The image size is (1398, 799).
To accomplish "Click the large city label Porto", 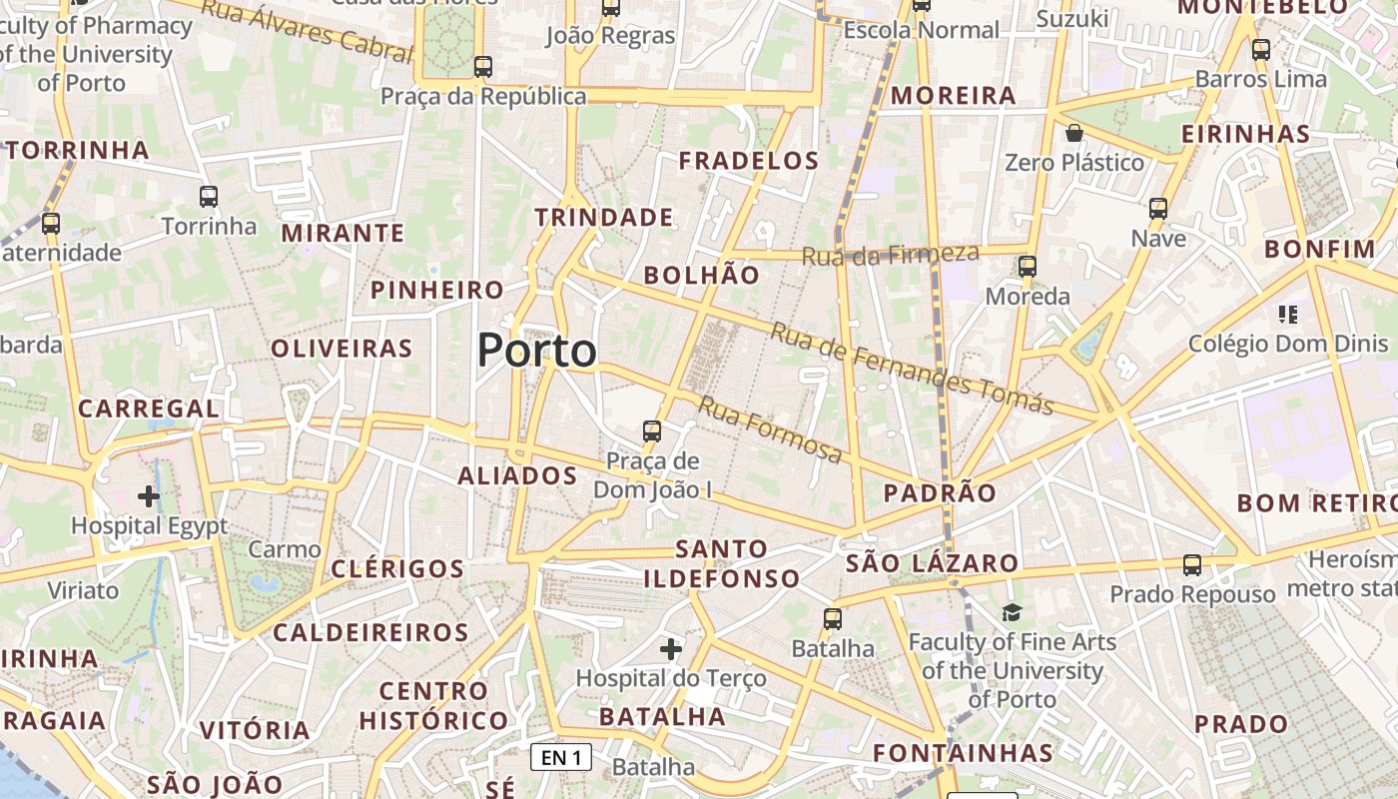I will click(536, 351).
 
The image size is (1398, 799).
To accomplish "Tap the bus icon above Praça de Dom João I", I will click(652, 431).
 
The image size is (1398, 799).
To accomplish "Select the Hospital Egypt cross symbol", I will click(149, 495).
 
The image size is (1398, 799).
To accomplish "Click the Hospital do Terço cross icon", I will click(671, 650).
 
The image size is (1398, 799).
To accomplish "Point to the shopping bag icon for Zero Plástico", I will click(1074, 133).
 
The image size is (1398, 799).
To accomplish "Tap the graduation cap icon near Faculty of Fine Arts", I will click(1013, 612).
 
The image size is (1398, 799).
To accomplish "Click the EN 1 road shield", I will click(560, 757).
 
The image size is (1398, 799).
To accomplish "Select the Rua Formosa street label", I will click(770, 428).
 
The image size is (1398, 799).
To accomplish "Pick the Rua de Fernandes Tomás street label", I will click(911, 367).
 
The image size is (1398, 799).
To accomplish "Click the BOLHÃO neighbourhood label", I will click(701, 276).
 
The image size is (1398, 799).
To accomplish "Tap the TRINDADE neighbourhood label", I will click(604, 218).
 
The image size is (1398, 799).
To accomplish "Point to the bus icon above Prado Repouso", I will click(1192, 565).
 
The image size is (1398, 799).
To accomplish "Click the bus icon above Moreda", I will click(1028, 267).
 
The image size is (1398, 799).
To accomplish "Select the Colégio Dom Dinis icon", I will click(1287, 316).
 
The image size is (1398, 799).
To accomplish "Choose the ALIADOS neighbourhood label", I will click(517, 476).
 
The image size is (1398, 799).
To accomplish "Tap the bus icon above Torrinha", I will click(209, 197).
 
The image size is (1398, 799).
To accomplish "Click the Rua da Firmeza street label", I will click(876, 256).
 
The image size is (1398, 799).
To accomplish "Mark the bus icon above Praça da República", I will click(483, 67).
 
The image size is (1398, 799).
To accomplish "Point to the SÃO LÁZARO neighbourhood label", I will click(931, 563).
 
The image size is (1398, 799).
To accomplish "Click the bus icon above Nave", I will click(1158, 209).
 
